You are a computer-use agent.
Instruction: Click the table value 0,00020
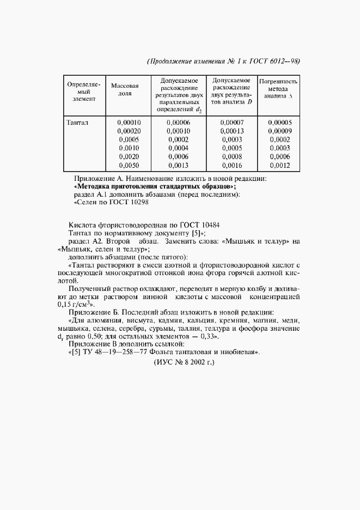[x=129, y=131]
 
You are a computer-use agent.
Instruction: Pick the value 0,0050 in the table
[x=129, y=166]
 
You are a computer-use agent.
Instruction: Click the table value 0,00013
[x=232, y=131]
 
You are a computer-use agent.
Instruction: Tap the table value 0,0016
[x=232, y=166]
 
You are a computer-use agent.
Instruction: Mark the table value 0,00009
[x=280, y=131]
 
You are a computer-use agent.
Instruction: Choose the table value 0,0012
[x=280, y=166]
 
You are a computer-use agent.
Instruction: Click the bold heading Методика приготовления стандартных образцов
[x=154, y=186]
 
